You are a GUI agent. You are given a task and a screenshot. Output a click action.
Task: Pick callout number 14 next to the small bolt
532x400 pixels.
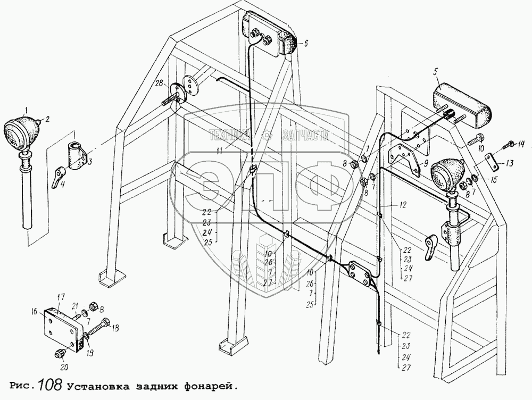(521, 144)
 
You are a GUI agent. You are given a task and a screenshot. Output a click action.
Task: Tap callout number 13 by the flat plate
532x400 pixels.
(510, 164)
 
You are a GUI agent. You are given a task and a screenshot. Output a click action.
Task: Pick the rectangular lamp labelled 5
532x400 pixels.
(461, 106)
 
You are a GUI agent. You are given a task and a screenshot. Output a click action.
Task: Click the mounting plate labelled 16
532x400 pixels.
(64, 328)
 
